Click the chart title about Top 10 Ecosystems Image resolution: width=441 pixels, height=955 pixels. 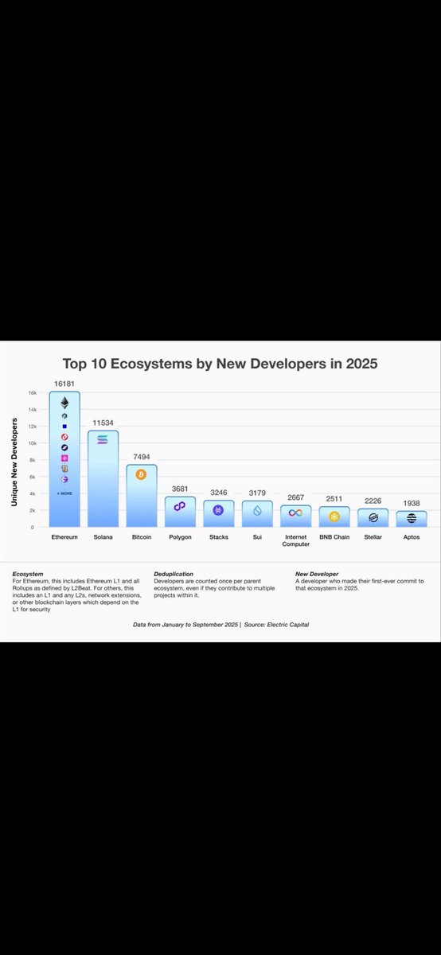[220, 364]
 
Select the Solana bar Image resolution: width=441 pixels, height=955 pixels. [103, 485]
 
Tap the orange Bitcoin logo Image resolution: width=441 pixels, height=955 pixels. [141, 475]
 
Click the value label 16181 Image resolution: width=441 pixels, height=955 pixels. [64, 383]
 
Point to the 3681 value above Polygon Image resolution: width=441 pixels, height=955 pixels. [179, 489]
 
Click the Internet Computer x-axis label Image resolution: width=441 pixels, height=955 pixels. [295, 540]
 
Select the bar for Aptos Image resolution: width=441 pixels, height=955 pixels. [412, 518]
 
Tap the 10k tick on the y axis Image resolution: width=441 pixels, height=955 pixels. [33, 443]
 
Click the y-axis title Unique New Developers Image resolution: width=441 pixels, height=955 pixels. [14, 463]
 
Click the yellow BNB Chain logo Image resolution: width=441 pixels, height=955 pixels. [334, 516]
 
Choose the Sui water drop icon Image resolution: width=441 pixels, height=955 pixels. [257, 512]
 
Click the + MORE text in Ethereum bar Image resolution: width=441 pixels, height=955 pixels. [64, 493]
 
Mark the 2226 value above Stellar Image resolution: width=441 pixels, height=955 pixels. [373, 501]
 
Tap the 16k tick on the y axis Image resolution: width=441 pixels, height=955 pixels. [33, 393]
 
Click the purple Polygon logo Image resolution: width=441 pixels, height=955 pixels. [179, 506]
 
